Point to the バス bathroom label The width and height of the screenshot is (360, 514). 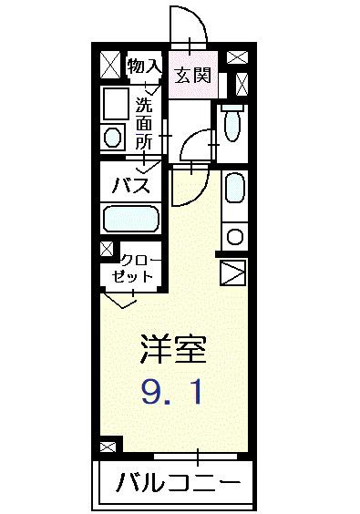[x=130, y=187]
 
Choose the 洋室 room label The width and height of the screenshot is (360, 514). [x=173, y=348]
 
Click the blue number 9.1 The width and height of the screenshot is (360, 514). [x=172, y=393]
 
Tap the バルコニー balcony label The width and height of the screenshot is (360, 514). [x=178, y=484]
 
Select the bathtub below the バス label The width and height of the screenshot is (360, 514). [x=131, y=219]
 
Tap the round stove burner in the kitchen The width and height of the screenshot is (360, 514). [x=233, y=236]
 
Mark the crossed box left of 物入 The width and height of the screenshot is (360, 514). [x=110, y=64]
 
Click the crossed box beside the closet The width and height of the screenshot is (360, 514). [x=108, y=249]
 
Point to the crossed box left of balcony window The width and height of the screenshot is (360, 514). [x=108, y=447]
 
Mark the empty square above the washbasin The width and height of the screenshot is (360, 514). [x=115, y=104]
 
